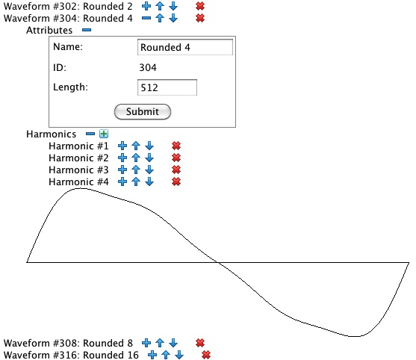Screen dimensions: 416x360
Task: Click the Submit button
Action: tap(143, 112)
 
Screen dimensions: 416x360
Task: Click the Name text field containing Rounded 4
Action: tap(185, 47)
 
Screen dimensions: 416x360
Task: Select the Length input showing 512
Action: tap(167, 87)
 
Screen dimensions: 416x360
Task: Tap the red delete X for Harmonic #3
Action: tap(176, 170)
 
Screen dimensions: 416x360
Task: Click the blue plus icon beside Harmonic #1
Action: tap(122, 146)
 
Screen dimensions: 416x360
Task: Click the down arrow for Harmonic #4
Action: tap(149, 181)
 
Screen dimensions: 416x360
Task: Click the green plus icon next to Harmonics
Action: tap(104, 134)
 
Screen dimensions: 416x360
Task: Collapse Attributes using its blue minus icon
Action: tap(87, 30)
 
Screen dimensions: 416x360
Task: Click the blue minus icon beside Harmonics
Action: tap(90, 134)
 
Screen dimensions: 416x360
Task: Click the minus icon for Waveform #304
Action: tap(146, 18)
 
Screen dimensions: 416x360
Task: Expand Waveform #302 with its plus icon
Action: tap(146, 6)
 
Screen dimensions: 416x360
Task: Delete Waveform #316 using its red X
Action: tap(206, 355)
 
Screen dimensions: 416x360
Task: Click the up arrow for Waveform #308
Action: tap(160, 343)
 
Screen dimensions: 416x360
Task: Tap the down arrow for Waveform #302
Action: tap(173, 6)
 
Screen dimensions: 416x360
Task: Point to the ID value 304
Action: tap(148, 67)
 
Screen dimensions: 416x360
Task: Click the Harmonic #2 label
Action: tap(78, 158)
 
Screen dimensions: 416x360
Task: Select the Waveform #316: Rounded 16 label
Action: tap(71, 355)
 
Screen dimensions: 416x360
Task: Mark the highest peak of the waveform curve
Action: tap(81, 188)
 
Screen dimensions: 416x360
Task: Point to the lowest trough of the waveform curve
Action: tap(354, 336)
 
